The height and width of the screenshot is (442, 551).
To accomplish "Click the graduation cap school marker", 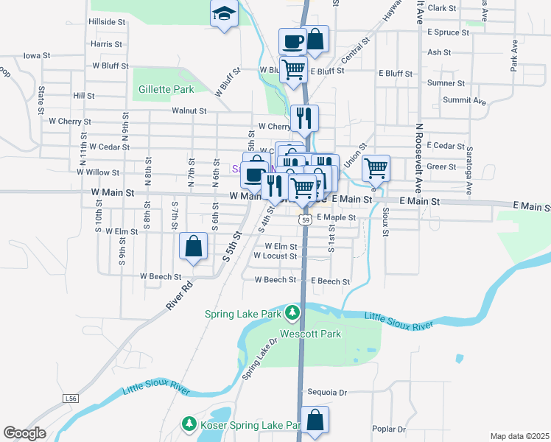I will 223,13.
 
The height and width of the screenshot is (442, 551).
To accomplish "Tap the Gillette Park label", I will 166,89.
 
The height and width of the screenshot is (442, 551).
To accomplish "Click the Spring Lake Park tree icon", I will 293,314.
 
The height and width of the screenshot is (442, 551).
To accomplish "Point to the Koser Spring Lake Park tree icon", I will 189,424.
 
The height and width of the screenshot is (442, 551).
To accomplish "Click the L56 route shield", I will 71,399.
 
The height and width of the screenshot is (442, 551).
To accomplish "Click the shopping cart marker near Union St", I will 376,168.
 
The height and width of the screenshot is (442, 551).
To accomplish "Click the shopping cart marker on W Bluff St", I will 293,69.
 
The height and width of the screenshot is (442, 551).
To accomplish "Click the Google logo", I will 24,433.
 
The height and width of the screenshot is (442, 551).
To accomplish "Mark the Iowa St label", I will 36,55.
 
